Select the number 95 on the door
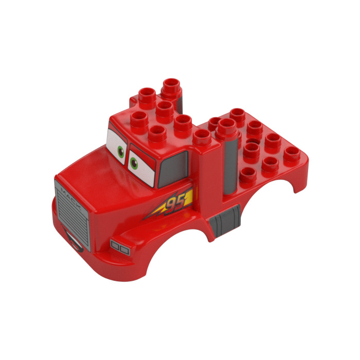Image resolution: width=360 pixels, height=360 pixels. pos(176,202)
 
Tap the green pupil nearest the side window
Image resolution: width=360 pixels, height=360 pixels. pos(134,164)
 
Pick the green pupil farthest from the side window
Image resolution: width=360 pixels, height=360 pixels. pos(120,152)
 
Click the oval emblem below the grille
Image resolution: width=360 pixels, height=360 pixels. pos(75,242)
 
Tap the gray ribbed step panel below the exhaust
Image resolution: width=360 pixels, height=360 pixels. pos(225,218)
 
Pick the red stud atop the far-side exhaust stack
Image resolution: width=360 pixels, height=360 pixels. pos(171,85)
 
